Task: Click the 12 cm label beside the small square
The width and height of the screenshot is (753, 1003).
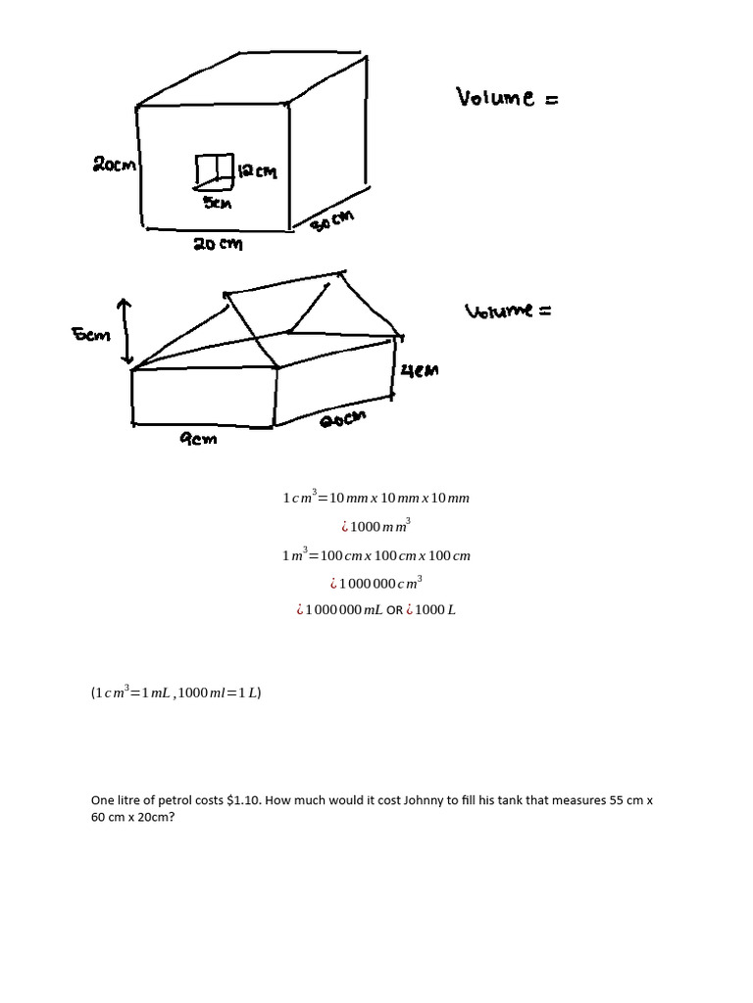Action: coord(258,172)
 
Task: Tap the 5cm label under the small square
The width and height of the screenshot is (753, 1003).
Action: coord(217,202)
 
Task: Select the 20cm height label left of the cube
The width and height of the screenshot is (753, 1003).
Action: coord(115,165)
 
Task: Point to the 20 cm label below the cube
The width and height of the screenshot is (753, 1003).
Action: coord(217,244)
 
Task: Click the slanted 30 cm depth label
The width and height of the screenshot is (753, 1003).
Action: coord(331,220)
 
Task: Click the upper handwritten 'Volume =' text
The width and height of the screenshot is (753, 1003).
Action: coord(506,97)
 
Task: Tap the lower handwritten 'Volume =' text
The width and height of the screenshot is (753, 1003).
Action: coord(507,311)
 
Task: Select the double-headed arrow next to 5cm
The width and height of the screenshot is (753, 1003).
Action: coord(125,331)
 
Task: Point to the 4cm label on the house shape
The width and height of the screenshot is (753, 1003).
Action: coord(420,370)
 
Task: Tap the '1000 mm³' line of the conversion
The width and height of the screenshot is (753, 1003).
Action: coord(376,527)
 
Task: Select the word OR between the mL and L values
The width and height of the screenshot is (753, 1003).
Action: coord(394,610)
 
